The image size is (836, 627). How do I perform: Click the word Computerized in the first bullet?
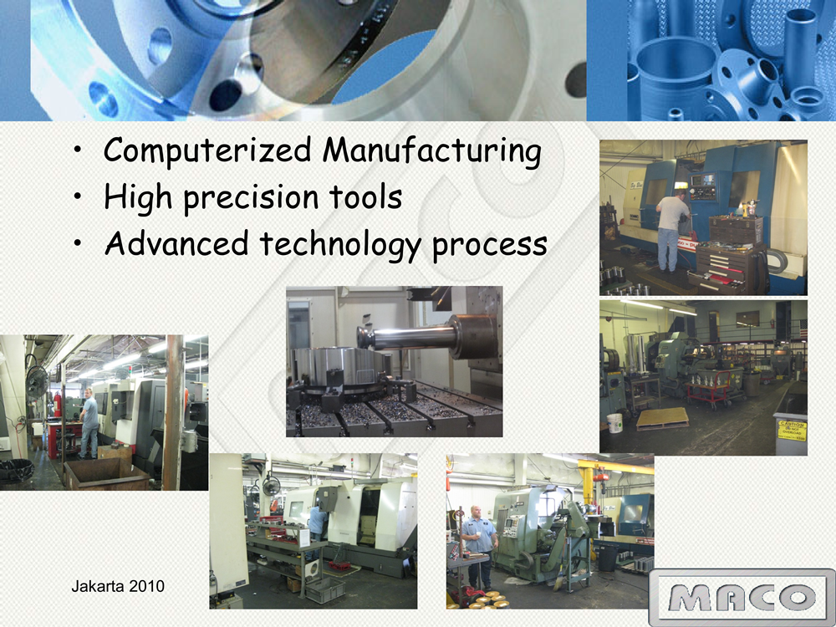(207, 150)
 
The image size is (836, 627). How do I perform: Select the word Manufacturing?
(432, 150)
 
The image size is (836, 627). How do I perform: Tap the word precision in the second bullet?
(251, 198)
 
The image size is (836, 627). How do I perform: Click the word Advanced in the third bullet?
(176, 243)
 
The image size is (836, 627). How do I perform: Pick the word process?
(490, 247)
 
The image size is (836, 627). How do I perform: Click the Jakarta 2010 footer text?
(118, 587)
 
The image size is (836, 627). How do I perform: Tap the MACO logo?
(742, 597)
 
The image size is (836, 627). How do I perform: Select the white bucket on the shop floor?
(614, 423)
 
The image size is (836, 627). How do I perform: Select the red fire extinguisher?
(58, 404)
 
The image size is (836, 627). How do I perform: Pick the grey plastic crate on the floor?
(324, 590)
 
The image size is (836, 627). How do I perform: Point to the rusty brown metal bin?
(106, 474)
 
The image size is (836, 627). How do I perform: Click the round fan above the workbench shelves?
(271, 485)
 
